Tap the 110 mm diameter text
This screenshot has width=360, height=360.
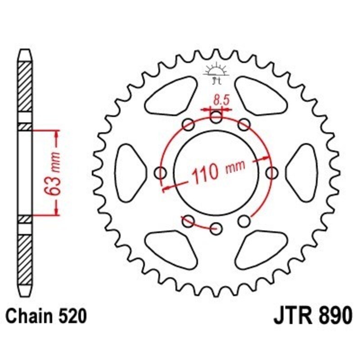click(x=219, y=170)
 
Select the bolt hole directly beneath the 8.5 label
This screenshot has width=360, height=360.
click(x=216, y=118)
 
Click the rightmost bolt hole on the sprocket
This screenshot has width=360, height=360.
click(x=272, y=172)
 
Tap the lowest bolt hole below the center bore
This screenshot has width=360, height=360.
click(x=216, y=227)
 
